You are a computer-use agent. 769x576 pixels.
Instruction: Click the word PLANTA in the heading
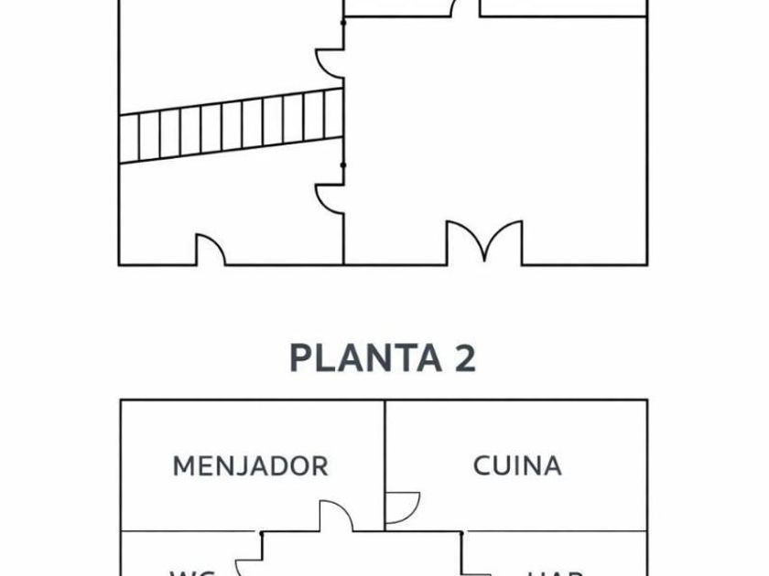click(x=352, y=358)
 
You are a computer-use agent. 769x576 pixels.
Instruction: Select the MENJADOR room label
click(x=250, y=465)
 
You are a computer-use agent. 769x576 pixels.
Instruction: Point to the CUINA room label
click(x=517, y=465)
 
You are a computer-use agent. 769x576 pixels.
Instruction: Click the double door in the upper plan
click(x=484, y=243)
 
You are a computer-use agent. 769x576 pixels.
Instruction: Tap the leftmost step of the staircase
click(x=129, y=138)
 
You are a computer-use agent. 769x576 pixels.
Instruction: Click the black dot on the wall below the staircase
click(x=343, y=165)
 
